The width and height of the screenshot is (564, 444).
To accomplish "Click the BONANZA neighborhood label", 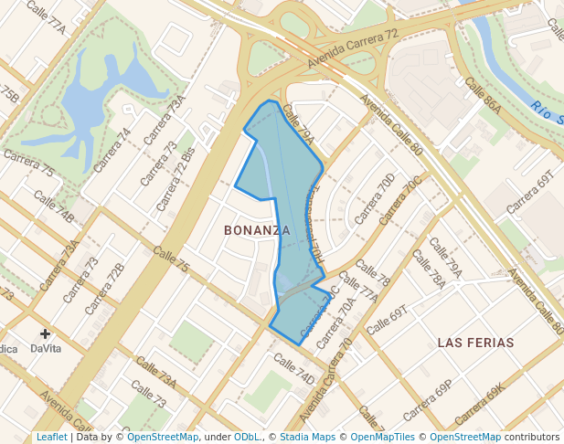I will pyautogui.click(x=257, y=230).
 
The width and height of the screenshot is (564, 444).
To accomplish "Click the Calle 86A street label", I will pyautogui.click(x=483, y=95).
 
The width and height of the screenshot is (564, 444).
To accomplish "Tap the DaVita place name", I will pyautogui.click(x=46, y=348).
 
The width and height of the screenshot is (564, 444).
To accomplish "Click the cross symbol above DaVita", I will pyautogui.click(x=45, y=333).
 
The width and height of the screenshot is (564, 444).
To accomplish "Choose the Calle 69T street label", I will pyautogui.click(x=385, y=320).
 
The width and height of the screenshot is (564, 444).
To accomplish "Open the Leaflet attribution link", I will pyautogui.click(x=51, y=437).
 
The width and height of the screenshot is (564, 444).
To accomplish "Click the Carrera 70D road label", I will pyautogui.click(x=375, y=197).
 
